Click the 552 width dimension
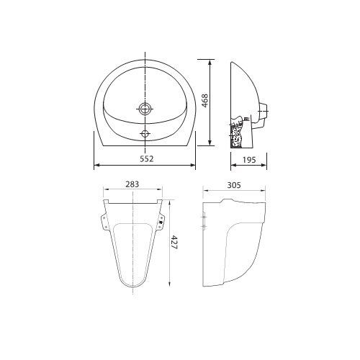coord(145,157)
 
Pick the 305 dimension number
coord(233,185)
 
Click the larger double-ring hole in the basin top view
coord(146,110)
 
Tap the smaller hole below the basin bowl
coord(146,132)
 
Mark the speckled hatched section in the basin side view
coord(235,133)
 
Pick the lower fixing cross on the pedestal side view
coord(206,228)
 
